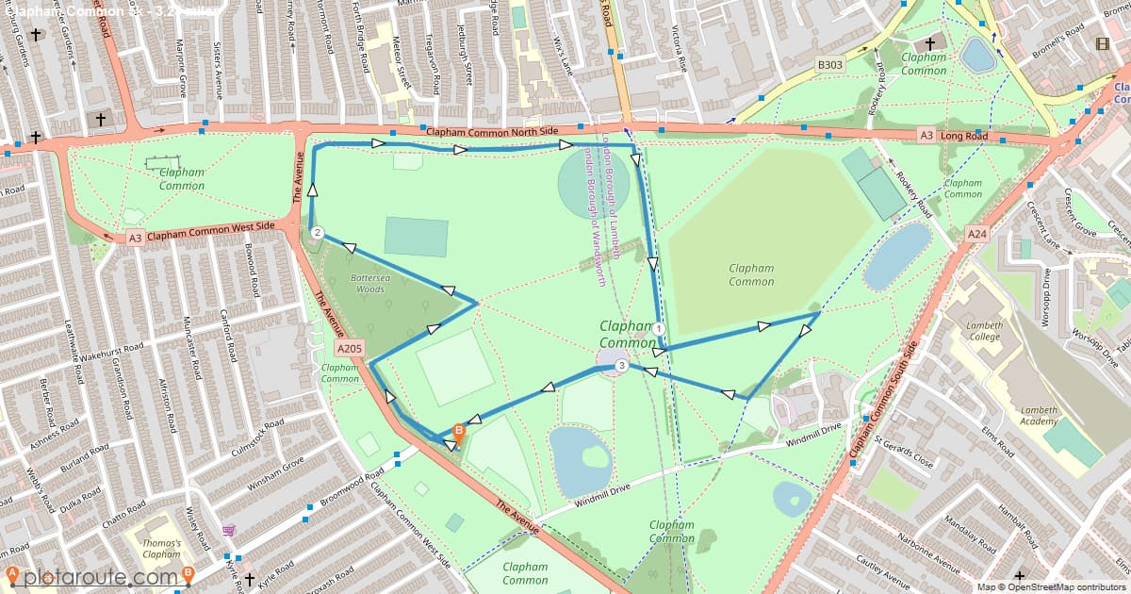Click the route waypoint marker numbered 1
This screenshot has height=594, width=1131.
[x=659, y=328]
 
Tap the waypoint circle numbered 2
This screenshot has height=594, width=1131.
[x=318, y=233]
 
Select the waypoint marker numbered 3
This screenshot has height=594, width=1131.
[x=621, y=365]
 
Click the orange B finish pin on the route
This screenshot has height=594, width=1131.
[x=459, y=431]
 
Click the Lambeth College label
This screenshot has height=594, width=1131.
[x=984, y=331]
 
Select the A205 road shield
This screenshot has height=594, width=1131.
[x=349, y=348]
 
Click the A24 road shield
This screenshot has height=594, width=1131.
[x=976, y=233]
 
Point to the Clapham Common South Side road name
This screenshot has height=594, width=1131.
[x=883, y=401]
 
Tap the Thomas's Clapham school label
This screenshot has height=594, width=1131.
[x=162, y=549]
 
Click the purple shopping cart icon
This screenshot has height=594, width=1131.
[x=228, y=531]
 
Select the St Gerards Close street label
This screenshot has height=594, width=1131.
[x=903, y=451]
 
